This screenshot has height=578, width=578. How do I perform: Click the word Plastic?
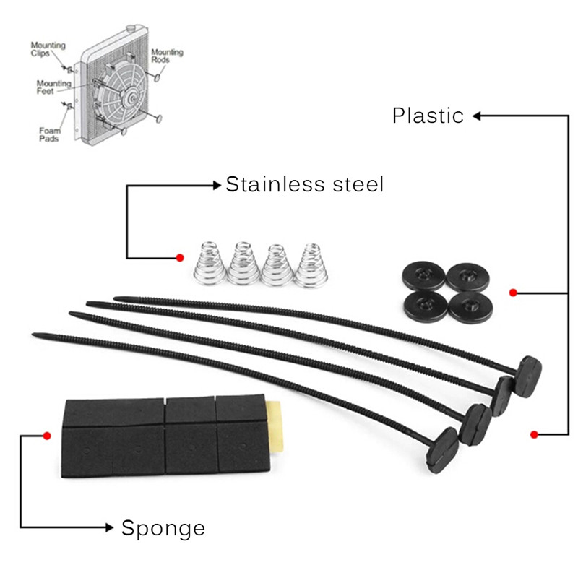[428, 116]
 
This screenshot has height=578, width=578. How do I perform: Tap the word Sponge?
[163, 528]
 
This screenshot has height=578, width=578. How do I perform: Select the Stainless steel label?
[304, 185]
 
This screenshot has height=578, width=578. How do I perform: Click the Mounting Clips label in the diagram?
[48, 49]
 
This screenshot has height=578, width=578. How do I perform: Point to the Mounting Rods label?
[167, 56]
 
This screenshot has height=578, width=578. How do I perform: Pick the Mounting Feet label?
[54, 87]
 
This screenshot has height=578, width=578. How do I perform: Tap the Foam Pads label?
[49, 134]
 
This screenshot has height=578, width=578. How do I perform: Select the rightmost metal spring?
[311, 264]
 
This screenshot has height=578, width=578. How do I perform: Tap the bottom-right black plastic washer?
[470, 306]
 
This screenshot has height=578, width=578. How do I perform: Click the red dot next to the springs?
[180, 257]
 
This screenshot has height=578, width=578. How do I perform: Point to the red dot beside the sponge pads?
[46, 436]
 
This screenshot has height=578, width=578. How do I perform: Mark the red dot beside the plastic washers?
[512, 293]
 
